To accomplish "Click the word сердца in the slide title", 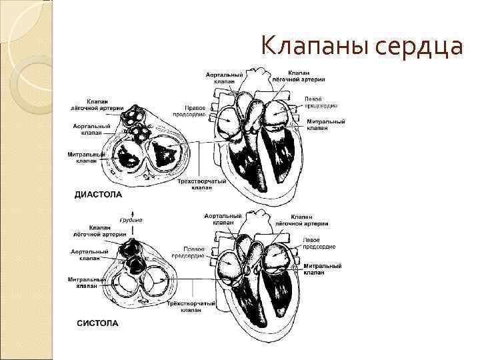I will (x=420, y=47).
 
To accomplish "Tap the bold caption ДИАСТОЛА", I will (x=97, y=195).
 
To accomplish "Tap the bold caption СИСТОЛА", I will (x=97, y=323).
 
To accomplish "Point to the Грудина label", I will (x=131, y=220).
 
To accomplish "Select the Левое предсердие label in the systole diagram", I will (x=320, y=243).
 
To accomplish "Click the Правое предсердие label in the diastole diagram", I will (x=188, y=110).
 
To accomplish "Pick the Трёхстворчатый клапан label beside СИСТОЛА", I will (x=192, y=307).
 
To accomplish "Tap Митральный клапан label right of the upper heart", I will (x=325, y=125).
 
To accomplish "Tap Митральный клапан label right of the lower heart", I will (x=323, y=269).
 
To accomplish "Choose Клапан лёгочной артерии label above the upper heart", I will (x=307, y=75).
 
